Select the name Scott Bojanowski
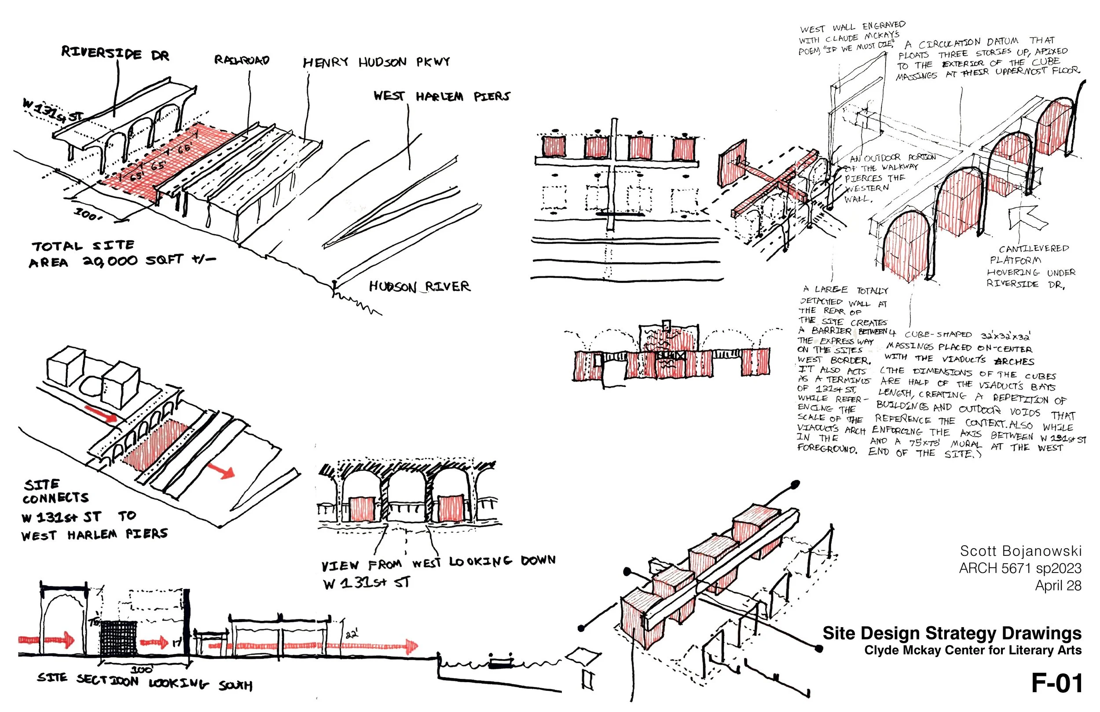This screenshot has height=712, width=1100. point(1020,551)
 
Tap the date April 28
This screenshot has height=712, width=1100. point(1058,585)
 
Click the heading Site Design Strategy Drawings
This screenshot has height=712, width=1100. point(952,633)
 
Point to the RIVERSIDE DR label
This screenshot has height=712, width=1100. point(115,53)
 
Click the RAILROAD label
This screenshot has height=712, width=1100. point(241,60)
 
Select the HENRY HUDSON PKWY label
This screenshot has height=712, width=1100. point(376,62)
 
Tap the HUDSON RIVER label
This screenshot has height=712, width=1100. point(419,286)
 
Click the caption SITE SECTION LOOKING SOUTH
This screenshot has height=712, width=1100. point(145,681)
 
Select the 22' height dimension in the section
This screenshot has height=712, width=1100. point(352,633)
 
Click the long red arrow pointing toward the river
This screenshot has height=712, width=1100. point(314,646)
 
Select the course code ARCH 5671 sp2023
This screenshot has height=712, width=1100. point(1020,568)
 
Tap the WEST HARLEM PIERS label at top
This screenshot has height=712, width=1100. point(441,96)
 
